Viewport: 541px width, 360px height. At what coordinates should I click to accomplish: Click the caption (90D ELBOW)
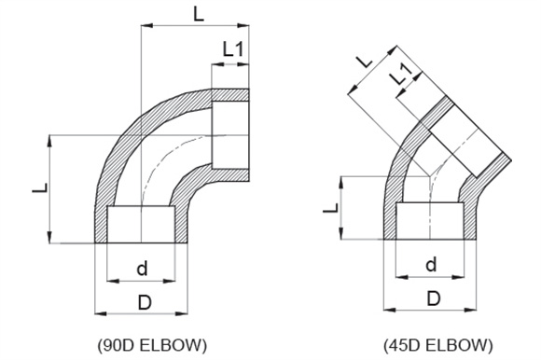(x=152, y=345)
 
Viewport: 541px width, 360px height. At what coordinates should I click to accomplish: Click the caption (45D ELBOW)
(x=438, y=345)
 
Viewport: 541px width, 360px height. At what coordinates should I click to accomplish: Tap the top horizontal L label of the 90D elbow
(x=199, y=14)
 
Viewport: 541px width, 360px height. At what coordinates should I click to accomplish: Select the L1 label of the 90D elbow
(x=233, y=48)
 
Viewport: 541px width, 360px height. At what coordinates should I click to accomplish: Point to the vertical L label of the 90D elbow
(x=40, y=188)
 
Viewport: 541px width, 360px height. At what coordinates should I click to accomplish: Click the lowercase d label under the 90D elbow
(x=142, y=268)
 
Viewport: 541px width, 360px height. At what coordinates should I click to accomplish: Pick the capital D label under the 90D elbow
(x=145, y=302)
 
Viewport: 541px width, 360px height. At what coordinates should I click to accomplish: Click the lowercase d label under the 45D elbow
(x=431, y=265)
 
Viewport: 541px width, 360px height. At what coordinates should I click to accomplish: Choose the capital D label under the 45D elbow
(x=434, y=298)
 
